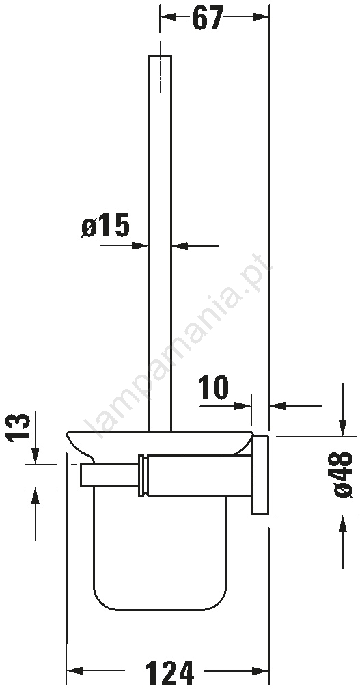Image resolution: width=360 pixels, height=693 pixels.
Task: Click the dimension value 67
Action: [x=208, y=18]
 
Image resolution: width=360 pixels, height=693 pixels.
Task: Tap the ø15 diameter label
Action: [x=106, y=225]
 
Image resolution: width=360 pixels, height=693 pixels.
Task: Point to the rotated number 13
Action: [x=18, y=427]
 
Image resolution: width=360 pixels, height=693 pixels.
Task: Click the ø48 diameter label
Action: [x=343, y=475]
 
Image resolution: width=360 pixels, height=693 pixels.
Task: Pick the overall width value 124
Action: [x=169, y=672]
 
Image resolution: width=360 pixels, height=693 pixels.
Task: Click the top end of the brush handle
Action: [x=159, y=55]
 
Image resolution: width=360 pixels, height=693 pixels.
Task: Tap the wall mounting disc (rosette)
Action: [x=260, y=475]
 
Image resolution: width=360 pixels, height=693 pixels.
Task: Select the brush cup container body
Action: [x=160, y=548]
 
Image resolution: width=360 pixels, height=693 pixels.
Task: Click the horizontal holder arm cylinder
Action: [x=199, y=475]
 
